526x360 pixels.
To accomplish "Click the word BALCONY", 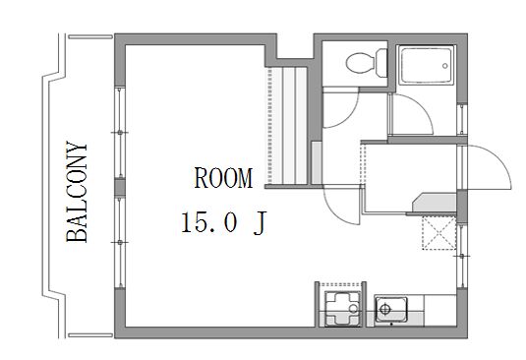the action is pos(77,192).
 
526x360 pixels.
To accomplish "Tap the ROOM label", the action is pos(223,178).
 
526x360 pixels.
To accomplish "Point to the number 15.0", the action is pos(209,222).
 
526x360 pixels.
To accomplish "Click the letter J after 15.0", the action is pos(260,222).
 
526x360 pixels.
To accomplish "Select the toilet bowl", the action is pos(361,63).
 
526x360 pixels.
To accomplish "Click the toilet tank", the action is pos(381,63).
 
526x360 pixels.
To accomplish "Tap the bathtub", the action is pos(426,66).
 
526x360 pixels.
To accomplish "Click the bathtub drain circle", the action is pos(444,66).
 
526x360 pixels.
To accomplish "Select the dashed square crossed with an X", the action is pos(438,233).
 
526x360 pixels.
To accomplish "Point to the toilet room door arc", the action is pos(349,114).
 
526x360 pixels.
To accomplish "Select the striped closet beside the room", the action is pos(287,126).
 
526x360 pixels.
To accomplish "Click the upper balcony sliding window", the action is pos(120,132).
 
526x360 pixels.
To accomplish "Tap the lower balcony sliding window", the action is pos(120,242).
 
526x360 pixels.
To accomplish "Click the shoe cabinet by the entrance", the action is pos(435,203).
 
